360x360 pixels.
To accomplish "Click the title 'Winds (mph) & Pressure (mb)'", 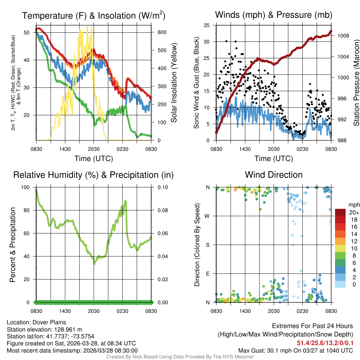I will pos(274,15).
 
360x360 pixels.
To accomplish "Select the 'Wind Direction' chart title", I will pos(274,175).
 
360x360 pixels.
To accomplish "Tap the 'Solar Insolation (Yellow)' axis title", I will pos(174,83).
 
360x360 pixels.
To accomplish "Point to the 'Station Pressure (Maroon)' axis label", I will pos(356,83).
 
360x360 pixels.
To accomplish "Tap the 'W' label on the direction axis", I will pos(207,216).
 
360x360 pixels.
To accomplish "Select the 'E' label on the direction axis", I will pos(208,274).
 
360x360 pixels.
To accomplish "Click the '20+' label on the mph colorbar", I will pos(353,213).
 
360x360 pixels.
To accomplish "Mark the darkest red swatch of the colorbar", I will pos(340,212).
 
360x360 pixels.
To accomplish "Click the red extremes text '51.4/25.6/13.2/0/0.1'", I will pos(324,343).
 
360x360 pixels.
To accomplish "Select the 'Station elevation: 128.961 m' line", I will pos(44,329).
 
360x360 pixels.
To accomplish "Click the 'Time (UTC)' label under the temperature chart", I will pos(94,159).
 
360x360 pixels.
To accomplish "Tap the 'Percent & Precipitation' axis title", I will pos(13,245).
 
